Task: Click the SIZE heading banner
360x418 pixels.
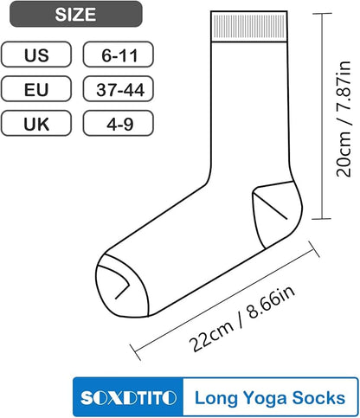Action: click(x=76, y=14)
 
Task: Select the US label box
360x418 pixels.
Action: click(x=36, y=55)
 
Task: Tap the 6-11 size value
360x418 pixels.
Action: click(x=119, y=55)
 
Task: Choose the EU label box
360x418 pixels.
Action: click(x=36, y=88)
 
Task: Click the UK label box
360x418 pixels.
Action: click(x=36, y=123)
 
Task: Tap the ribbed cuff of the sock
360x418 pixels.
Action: click(x=249, y=27)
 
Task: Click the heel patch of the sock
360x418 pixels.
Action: click(x=277, y=214)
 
